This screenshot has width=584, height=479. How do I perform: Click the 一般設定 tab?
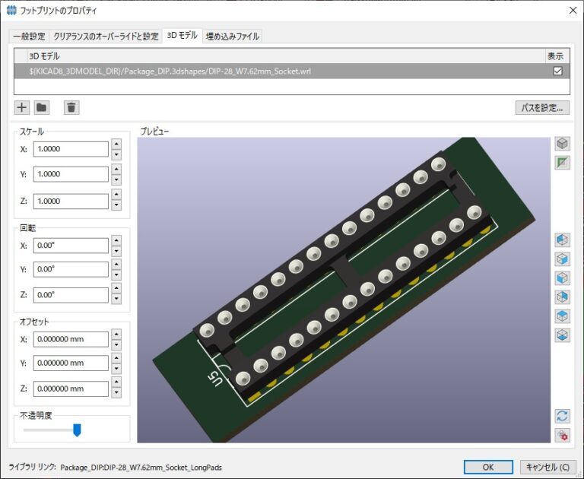(x=29, y=36)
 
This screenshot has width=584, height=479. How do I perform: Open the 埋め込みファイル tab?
(x=233, y=36)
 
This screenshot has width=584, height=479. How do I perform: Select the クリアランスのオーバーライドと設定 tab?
(x=106, y=36)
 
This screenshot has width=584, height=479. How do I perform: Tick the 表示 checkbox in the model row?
(x=557, y=71)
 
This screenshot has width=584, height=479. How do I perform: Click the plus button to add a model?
(x=22, y=108)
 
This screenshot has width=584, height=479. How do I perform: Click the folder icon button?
(x=41, y=108)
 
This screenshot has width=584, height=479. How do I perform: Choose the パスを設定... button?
(x=542, y=108)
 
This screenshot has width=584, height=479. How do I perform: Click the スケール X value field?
(x=71, y=149)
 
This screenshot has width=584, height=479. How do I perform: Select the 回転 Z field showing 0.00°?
(x=71, y=295)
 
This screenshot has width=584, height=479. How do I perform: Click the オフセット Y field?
(x=71, y=363)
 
